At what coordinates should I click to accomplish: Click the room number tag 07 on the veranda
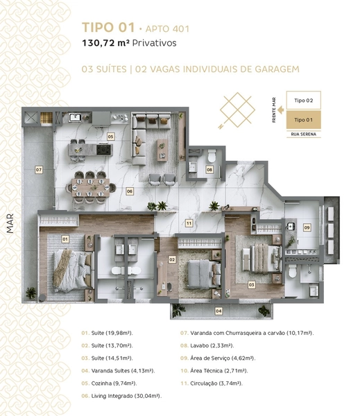coord(39,170)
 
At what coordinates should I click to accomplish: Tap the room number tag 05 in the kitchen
coord(110,137)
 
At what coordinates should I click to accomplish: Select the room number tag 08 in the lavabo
coord(209,170)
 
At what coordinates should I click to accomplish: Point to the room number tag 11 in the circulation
coord(189,223)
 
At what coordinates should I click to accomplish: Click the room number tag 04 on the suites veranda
coord(218,311)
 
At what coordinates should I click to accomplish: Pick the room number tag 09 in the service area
coord(307,227)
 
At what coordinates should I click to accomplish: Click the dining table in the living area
coord(91,188)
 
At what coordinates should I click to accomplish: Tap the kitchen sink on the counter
coord(75,118)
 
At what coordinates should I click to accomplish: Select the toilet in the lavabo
coord(212,156)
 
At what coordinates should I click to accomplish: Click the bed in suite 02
coord(204,275)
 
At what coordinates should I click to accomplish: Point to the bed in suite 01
coord(74,270)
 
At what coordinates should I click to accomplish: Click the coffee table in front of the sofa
coord(162,150)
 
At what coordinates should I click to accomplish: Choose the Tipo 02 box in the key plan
coord(303,101)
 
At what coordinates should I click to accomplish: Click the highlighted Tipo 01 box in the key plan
coord(303,120)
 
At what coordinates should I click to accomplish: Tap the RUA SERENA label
coord(303,135)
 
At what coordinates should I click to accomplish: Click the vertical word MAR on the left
coord(10,224)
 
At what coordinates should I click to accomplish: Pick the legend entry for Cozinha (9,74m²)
coord(109,383)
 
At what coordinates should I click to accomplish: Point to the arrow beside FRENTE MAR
coord(281,110)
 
